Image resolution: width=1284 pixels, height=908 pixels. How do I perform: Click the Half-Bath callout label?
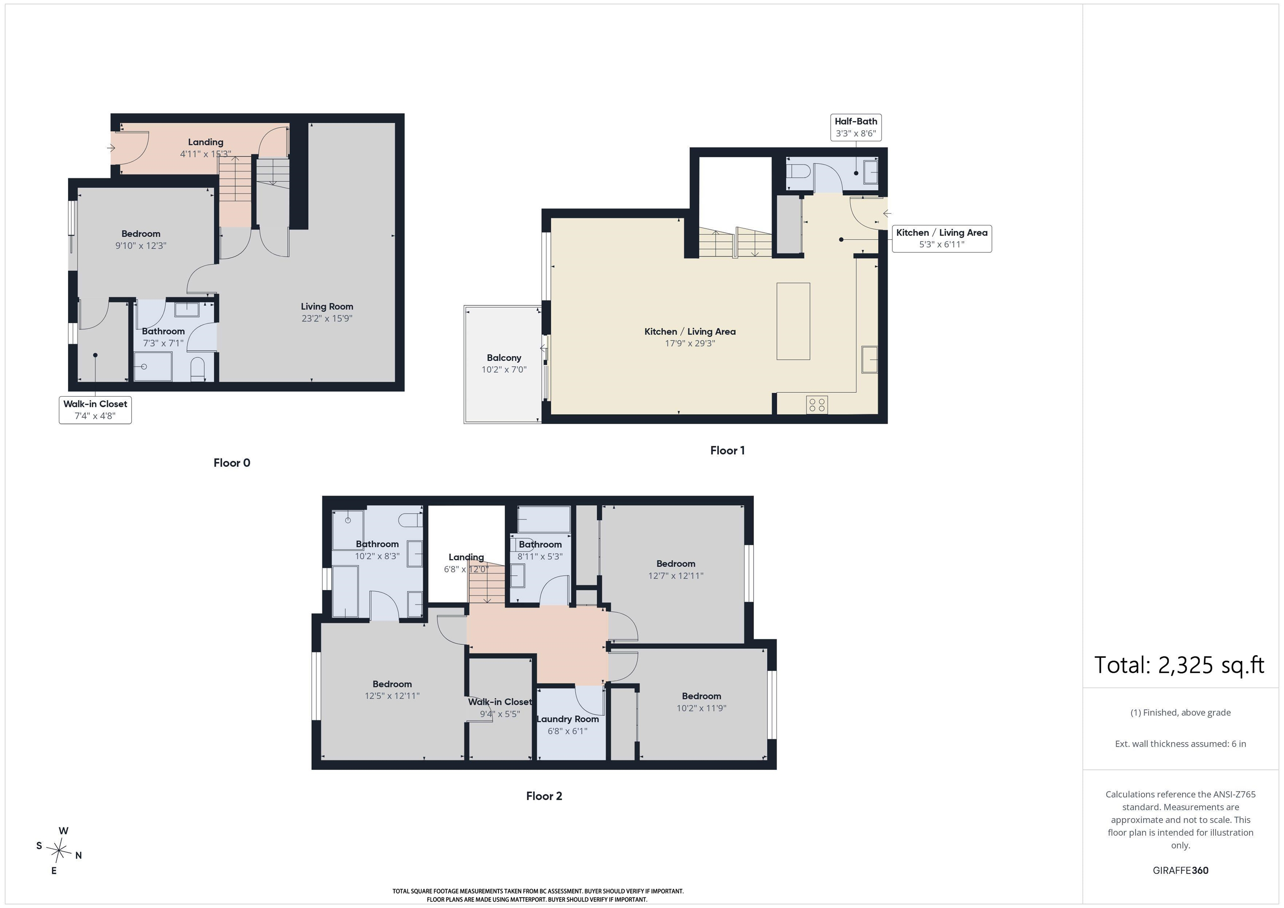[856, 127]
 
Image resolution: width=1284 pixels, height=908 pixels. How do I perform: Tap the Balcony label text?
[504, 358]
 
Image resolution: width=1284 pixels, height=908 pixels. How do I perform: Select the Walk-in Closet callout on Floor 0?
[95, 410]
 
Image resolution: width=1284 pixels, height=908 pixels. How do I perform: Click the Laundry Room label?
[568, 719]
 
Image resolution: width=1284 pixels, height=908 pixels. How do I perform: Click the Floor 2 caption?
[544, 796]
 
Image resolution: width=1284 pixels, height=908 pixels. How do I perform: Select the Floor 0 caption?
[232, 463]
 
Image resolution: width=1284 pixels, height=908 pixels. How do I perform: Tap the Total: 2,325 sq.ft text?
[1179, 665]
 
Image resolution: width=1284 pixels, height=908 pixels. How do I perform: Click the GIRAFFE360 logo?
[1180, 870]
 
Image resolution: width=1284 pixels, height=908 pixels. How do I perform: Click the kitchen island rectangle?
[793, 321]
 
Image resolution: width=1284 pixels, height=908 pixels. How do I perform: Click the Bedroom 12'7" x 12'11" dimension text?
[675, 576]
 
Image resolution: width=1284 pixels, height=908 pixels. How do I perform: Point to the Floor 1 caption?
[727, 450]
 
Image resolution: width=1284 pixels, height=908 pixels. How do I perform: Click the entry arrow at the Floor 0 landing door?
[111, 148]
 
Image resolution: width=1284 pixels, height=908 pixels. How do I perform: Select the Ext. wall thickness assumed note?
[1180, 744]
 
